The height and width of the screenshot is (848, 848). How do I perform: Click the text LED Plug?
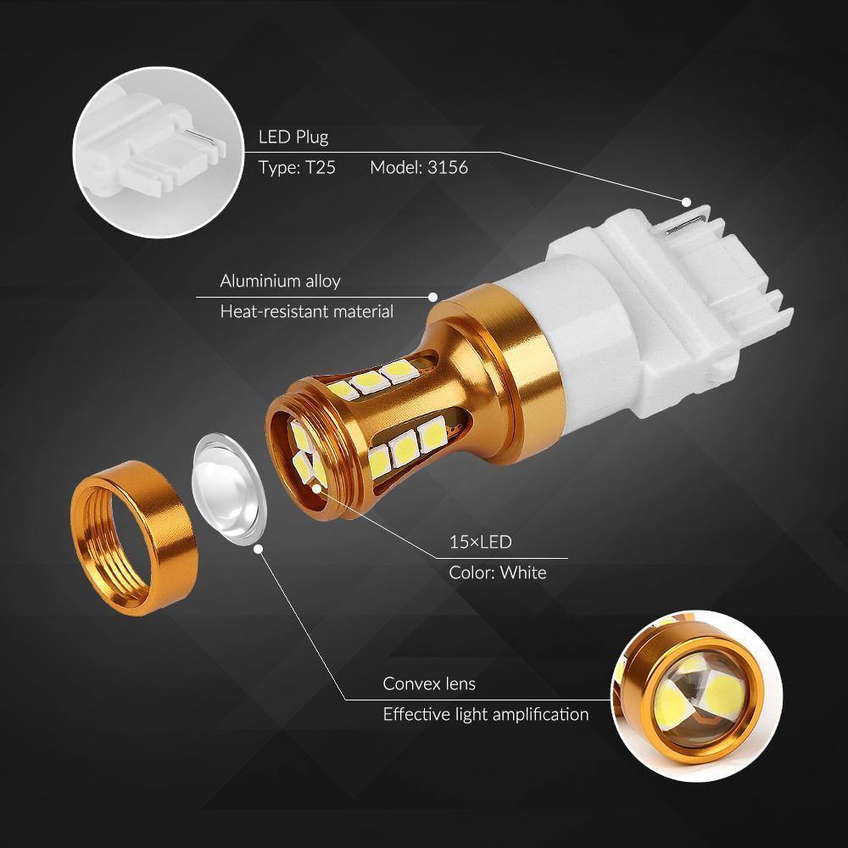point(293,137)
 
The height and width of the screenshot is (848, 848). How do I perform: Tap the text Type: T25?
point(297,168)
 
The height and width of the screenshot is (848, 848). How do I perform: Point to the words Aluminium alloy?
point(280,281)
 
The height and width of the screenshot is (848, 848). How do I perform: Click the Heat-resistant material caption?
point(306,311)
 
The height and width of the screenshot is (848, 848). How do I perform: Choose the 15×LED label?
point(480,541)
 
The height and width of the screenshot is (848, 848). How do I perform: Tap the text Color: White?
point(497,572)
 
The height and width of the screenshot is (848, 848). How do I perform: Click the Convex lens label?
point(429,683)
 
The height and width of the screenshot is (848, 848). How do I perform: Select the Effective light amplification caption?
point(485,714)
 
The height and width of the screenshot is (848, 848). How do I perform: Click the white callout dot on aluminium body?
point(432,297)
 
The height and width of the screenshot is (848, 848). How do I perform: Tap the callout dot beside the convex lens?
point(258,549)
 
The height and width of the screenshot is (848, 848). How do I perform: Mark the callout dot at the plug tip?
point(685,201)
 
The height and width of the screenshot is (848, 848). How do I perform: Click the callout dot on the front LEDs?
point(316,488)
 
